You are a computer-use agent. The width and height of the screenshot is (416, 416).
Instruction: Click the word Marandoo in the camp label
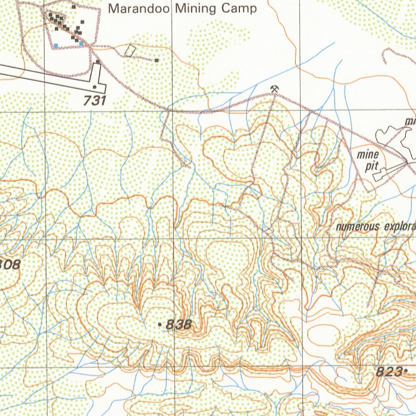(x=139, y=9)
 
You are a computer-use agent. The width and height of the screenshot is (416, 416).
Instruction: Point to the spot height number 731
(x=95, y=101)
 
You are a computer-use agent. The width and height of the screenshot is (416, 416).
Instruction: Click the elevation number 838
(x=179, y=324)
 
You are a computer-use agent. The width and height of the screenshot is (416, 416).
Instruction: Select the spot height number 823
(x=389, y=371)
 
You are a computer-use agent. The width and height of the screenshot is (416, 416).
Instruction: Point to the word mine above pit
(x=368, y=155)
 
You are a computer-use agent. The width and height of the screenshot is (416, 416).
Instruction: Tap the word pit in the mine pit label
(x=371, y=166)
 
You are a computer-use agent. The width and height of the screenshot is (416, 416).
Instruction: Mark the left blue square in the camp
(x=56, y=45)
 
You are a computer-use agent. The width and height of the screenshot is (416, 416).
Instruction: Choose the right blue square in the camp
(x=81, y=43)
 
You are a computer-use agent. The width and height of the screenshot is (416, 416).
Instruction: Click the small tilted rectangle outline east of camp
(x=130, y=50)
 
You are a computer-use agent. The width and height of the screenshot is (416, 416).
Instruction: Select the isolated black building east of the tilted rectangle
(x=156, y=61)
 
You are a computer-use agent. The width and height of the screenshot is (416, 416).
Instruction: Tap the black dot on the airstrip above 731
(x=95, y=87)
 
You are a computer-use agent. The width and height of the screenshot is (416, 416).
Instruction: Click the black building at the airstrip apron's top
(x=98, y=62)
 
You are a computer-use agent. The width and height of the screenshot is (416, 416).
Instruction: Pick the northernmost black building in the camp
(x=74, y=7)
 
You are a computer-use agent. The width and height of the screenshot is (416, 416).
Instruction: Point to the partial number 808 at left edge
(x=9, y=265)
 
